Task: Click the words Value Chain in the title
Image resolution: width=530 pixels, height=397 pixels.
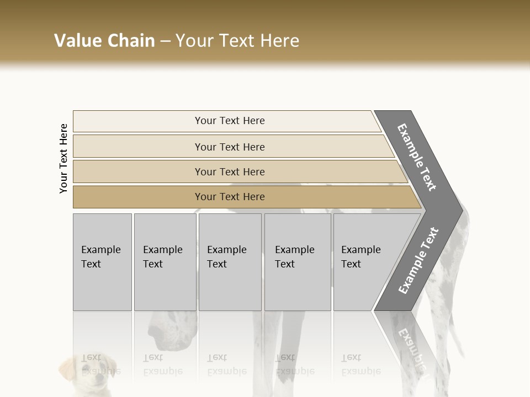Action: coord(104,41)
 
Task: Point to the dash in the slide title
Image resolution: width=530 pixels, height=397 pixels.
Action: coord(165,41)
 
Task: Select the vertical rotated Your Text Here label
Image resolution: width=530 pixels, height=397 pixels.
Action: coord(63,158)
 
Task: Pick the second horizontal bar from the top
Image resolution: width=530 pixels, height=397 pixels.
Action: coord(229,147)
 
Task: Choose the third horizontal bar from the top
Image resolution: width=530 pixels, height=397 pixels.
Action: coord(229,171)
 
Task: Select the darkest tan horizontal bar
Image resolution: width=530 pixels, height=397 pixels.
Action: coord(229,197)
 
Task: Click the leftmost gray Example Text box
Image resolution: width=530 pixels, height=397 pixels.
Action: coord(102,261)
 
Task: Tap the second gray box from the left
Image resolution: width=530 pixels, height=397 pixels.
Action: coord(165,261)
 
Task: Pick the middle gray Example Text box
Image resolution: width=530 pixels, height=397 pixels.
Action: coord(230,261)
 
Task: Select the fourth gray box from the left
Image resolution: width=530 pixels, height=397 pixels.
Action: coord(297,261)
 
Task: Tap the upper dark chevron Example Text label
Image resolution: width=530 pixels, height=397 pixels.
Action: coord(417,158)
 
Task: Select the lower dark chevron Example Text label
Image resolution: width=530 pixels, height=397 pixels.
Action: coord(418,261)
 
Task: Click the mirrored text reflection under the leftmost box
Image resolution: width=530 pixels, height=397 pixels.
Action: coord(100,364)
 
